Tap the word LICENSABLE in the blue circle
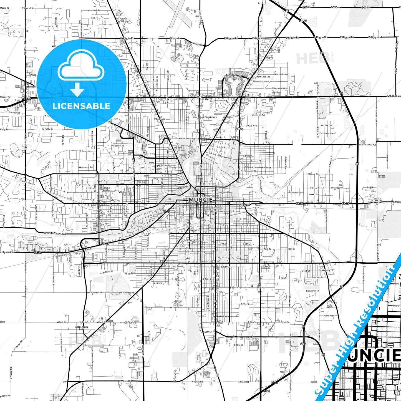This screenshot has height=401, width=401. coord(81,106)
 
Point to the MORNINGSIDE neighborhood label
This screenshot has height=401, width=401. coord(263,77)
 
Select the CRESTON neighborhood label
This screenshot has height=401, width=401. coord(239,129)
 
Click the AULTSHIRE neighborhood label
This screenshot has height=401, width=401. coord(326,125)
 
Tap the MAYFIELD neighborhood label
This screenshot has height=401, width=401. coord(314,195)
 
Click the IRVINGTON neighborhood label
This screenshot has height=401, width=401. coord(325,270)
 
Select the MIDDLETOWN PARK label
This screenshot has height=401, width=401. coord(82,328)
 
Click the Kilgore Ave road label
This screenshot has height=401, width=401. coord(7,252)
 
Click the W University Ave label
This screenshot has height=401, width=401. coord(27,182)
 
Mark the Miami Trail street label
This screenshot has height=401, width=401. coord(329,316)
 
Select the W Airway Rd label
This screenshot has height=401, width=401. coord(94,11)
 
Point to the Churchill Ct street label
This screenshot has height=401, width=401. coord(15,155)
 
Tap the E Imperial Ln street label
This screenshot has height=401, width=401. coord(312,291)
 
